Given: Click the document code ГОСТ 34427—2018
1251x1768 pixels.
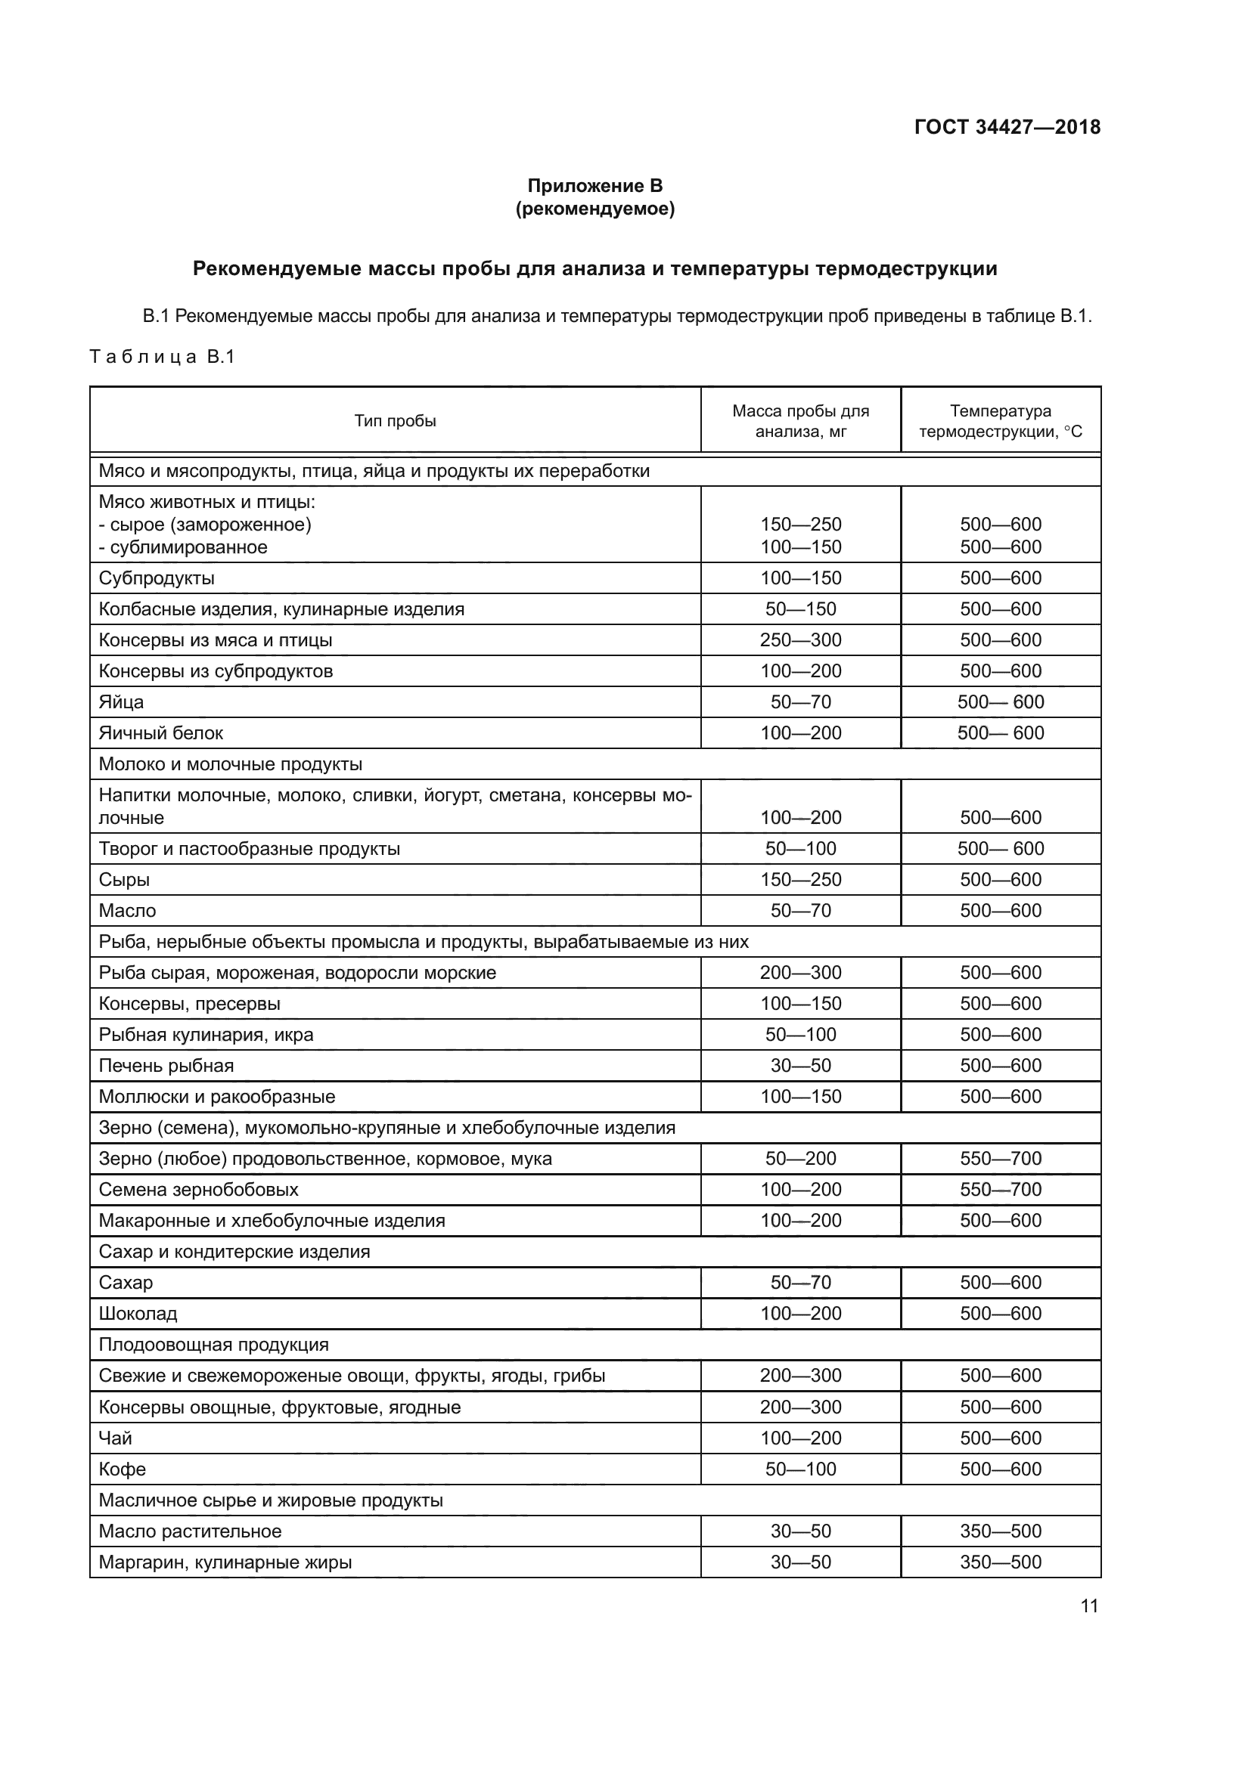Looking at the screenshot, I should point(1007,127).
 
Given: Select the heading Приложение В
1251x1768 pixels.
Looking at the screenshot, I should point(594,186).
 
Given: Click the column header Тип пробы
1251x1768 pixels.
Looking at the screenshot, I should point(395,420).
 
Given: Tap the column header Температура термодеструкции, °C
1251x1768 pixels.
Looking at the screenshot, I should point(1000,421).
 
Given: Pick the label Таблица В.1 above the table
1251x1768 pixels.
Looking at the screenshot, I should point(163,357).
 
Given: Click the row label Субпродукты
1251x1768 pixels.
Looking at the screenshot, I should point(157,577).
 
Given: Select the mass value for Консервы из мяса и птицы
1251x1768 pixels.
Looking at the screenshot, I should point(800,640).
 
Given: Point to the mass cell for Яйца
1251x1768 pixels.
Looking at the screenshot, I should point(800,701).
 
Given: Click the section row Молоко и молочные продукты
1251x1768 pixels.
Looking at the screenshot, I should point(231,764).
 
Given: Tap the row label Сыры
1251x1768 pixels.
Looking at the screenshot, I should point(124,879).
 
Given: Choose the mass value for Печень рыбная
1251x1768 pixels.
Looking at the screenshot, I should point(800,1065).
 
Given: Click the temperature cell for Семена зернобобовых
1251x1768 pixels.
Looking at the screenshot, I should point(1000,1189).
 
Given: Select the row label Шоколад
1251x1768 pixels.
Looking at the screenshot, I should point(138,1313).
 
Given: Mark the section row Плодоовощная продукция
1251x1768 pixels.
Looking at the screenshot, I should point(213,1345).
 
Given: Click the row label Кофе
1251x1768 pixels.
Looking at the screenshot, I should point(123,1469).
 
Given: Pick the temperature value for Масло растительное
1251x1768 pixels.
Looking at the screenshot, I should point(1000,1531).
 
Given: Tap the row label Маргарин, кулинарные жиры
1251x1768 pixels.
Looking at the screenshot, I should point(225,1562).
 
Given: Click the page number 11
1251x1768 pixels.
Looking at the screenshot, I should point(1088,1605).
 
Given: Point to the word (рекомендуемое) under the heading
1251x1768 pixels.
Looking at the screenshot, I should point(594,209).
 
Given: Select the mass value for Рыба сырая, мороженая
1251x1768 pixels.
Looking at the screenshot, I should point(800,973).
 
